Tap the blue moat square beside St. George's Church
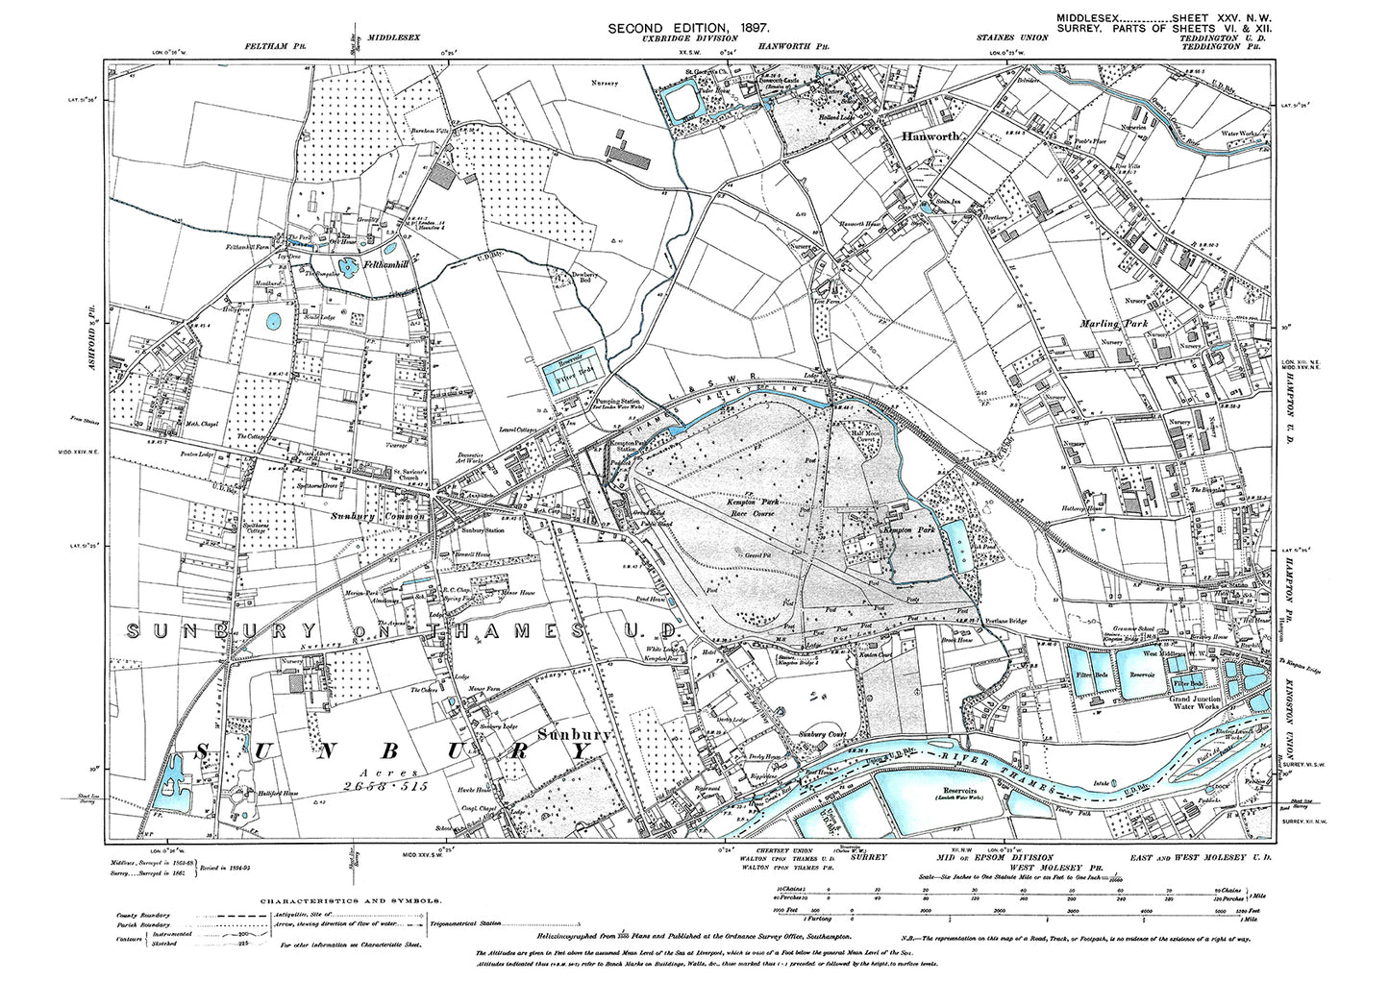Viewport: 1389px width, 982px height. click(685, 100)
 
